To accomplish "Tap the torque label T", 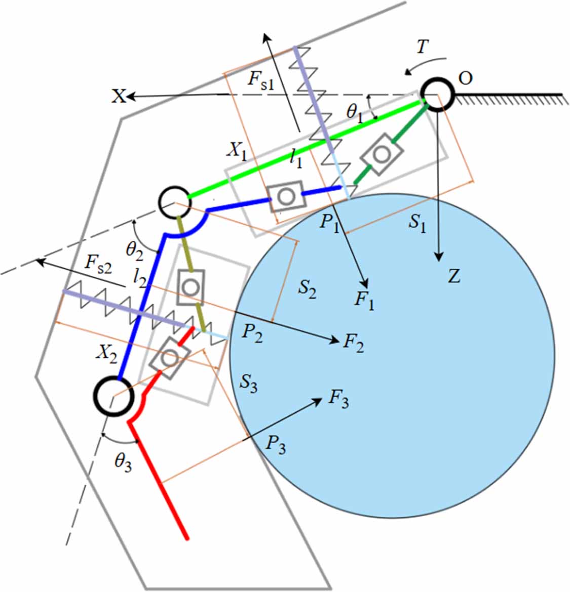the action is tap(422, 48).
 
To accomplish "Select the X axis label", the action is tap(119, 96).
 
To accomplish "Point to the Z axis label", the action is tap(454, 277).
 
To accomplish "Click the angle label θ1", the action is tap(355, 112).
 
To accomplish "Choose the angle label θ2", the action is tap(135, 250).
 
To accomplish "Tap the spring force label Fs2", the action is tap(98, 264).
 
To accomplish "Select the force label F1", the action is tap(364, 301).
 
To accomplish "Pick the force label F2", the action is tap(354, 344).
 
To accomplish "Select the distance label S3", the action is tap(249, 385).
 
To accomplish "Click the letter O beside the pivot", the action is tap(465, 78).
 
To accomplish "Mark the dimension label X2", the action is tap(106, 355).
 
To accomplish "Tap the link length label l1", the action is tap(296, 160).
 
